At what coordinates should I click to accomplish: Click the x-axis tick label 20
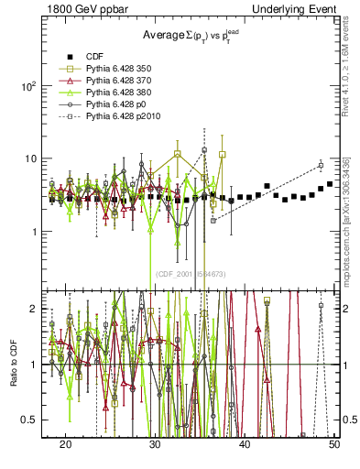point(66,443)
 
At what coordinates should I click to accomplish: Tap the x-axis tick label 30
point(156,443)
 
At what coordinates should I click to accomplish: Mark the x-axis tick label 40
point(245,443)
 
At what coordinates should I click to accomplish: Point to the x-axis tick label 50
point(334,443)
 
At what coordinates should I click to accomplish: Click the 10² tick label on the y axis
point(30,86)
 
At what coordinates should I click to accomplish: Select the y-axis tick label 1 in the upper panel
point(37,232)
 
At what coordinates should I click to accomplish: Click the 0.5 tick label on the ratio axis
point(32,420)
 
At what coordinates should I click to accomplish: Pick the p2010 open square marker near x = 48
point(321,165)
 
